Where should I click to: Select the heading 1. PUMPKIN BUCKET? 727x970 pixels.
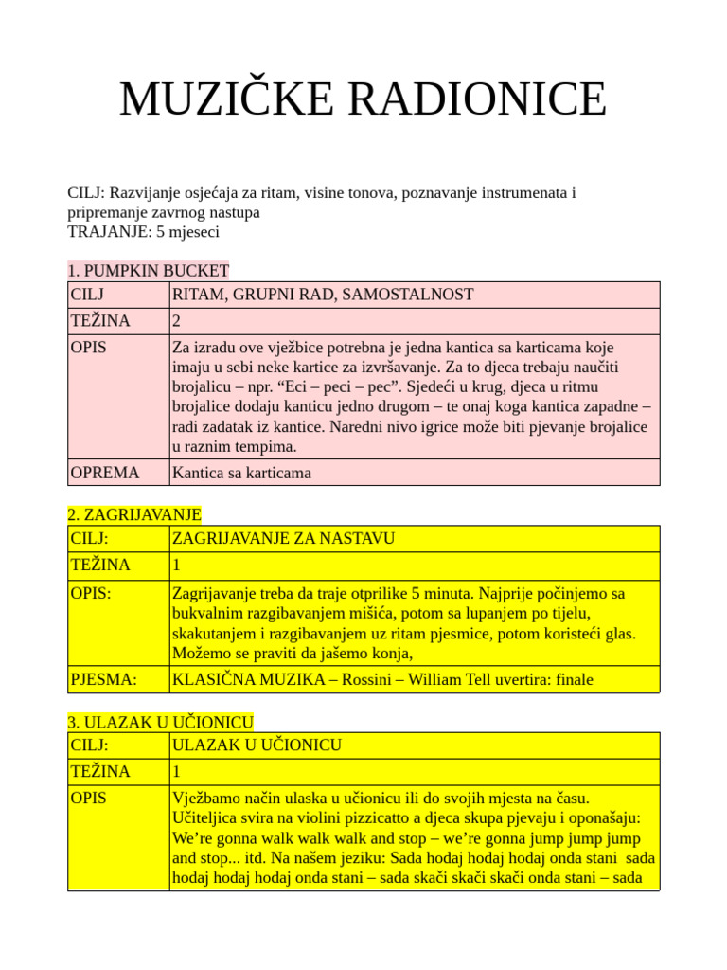pyautogui.click(x=149, y=271)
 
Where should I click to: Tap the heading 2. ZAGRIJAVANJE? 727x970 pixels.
pyautogui.click(x=134, y=514)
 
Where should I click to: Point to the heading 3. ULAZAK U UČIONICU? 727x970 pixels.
pyautogui.click(x=160, y=722)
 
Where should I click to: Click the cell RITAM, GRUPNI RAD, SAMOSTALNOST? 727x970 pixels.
pyautogui.click(x=323, y=295)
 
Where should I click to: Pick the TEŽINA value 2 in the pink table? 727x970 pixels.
pyautogui.click(x=177, y=321)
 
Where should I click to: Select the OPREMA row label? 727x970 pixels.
pyautogui.click(x=105, y=472)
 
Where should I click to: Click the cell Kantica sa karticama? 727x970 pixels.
pyautogui.click(x=241, y=472)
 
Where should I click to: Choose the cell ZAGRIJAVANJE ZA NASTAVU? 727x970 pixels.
pyautogui.click(x=283, y=539)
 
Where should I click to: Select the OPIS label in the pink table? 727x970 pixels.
pyautogui.click(x=89, y=347)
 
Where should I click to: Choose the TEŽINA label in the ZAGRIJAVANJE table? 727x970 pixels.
pyautogui.click(x=100, y=566)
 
